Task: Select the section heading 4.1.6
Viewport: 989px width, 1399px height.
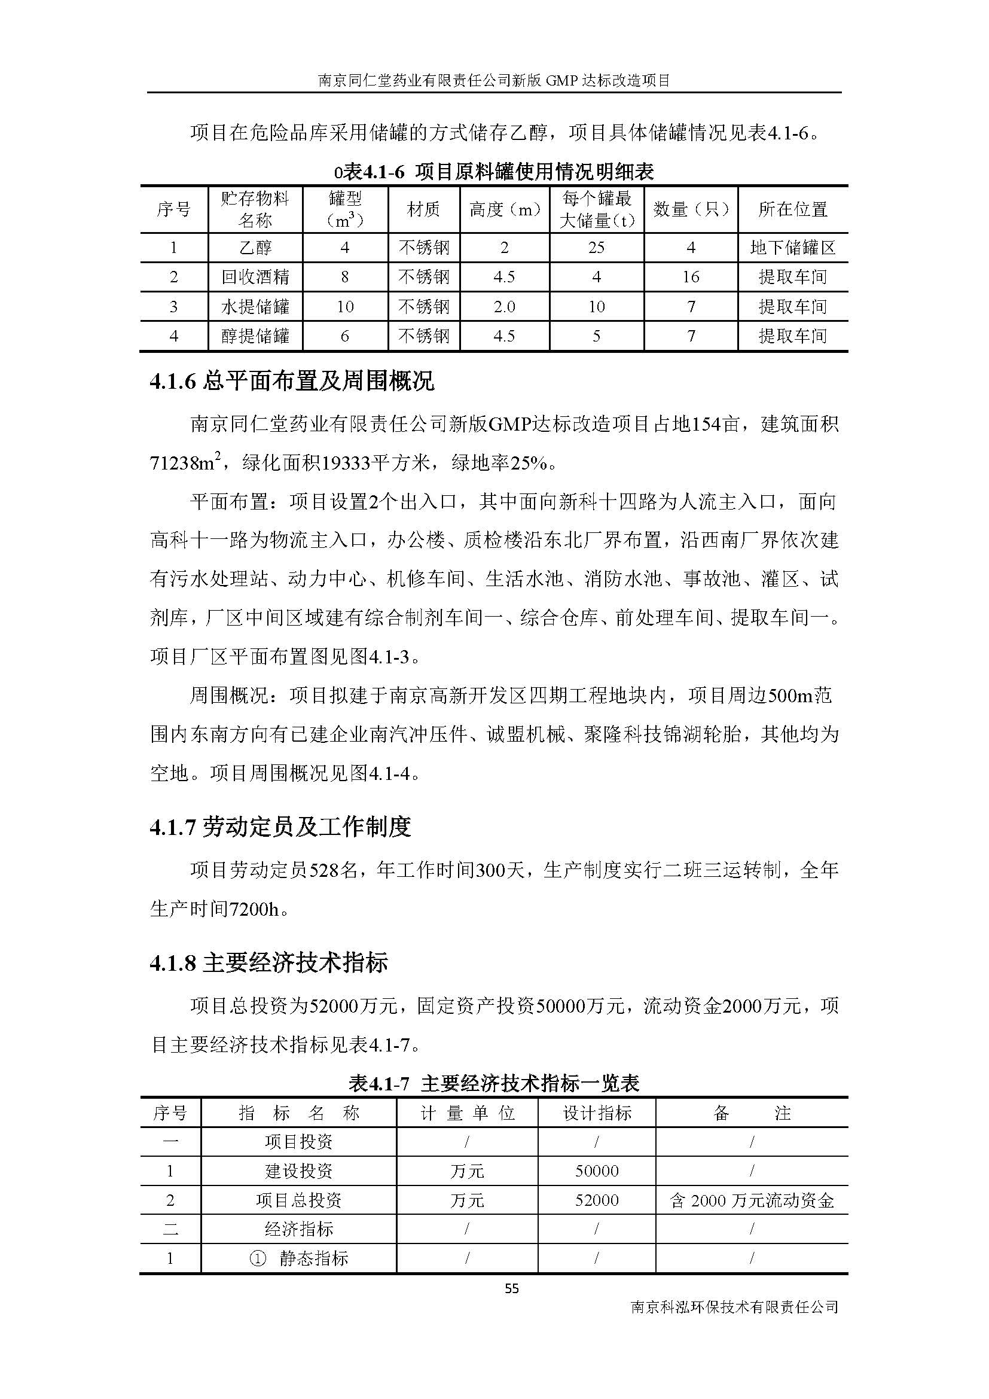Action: click(292, 382)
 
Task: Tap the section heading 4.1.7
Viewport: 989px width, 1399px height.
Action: click(280, 827)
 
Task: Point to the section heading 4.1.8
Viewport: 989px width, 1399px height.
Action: click(268, 964)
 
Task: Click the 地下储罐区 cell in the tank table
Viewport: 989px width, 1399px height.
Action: click(792, 248)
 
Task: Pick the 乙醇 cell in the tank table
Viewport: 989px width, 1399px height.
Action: click(255, 248)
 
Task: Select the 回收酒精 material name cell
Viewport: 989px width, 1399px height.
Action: click(255, 278)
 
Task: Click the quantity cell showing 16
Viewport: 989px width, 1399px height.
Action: click(691, 278)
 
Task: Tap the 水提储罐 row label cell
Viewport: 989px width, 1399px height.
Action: click(255, 306)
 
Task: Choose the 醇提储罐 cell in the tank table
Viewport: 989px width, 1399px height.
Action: click(255, 336)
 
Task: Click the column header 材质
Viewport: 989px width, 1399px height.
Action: click(424, 209)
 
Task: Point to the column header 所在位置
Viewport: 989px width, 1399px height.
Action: click(792, 209)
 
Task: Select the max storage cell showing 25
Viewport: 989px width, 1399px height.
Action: click(596, 248)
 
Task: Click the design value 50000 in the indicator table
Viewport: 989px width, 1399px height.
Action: click(596, 1171)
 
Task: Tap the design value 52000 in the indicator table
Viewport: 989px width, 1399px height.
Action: click(596, 1200)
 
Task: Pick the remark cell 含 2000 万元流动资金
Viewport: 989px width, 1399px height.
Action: click(752, 1200)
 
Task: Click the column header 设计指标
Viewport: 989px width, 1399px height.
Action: click(596, 1113)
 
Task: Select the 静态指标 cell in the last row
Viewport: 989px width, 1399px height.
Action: click(299, 1258)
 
